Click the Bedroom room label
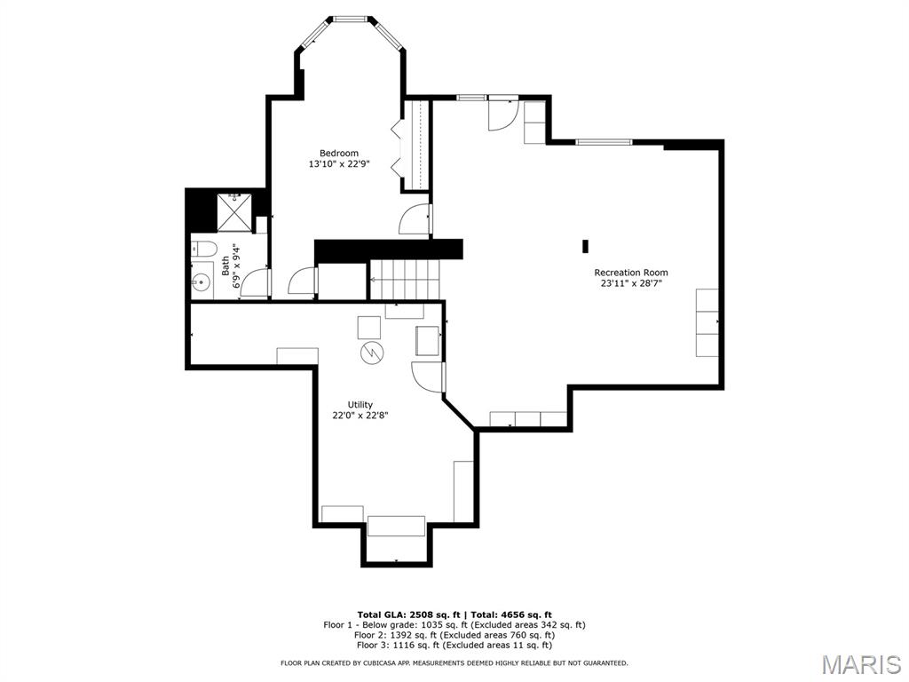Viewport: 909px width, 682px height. click(339, 153)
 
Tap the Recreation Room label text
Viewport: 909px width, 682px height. click(631, 273)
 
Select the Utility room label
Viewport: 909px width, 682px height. click(360, 405)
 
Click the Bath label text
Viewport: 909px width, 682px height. click(225, 266)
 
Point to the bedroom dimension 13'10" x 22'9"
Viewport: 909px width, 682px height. click(339, 164)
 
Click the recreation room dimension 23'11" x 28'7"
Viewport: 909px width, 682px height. click(631, 283)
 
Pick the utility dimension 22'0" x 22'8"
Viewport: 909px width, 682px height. click(360, 416)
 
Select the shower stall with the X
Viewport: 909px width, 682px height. click(234, 212)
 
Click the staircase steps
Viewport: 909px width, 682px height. click(405, 280)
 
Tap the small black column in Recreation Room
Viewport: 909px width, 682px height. click(586, 247)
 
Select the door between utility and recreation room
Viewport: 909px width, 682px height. click(428, 377)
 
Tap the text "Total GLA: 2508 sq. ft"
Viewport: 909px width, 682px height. click(408, 615)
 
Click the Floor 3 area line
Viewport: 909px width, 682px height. click(454, 645)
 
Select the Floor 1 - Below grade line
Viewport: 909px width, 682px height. click(454, 625)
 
